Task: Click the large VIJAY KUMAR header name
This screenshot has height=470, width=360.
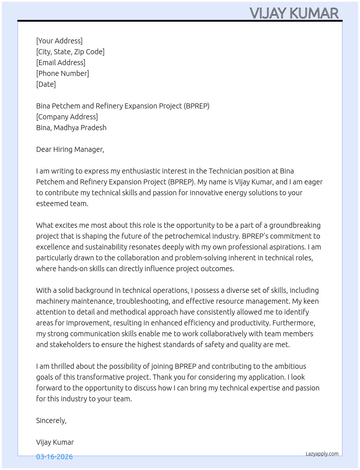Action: tap(294, 13)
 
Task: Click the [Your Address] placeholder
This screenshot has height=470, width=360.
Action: tap(59, 41)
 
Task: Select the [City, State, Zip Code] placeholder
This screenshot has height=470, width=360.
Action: tap(70, 52)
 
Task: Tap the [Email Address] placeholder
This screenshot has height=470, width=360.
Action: tap(61, 63)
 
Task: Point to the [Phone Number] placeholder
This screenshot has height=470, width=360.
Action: tap(63, 73)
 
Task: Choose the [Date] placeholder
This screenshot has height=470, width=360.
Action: tap(46, 84)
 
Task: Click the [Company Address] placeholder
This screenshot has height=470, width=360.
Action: tap(67, 117)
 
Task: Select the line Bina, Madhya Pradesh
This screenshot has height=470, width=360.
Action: tap(71, 128)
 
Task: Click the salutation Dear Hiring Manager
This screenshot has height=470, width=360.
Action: tap(70, 149)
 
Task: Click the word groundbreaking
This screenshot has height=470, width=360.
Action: tap(295, 225)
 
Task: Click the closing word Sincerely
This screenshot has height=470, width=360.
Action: tap(51, 420)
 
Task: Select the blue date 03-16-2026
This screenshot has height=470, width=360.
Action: tap(54, 457)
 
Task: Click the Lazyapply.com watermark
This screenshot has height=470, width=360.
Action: tap(322, 454)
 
